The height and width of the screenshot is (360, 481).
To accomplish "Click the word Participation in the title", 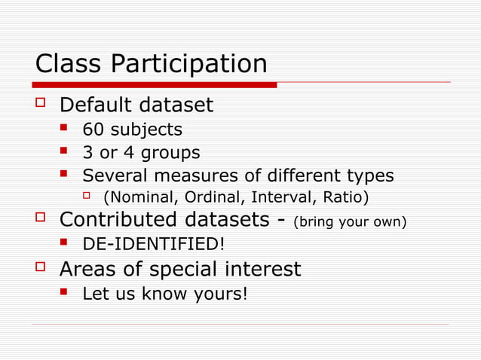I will pos(189,64).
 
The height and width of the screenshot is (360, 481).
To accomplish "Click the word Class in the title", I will pos(70,63).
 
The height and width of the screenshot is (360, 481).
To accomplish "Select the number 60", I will pos(94,130).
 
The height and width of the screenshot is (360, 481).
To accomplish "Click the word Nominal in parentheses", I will pos(139,198).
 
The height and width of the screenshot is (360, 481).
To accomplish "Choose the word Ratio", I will pos(344,198).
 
